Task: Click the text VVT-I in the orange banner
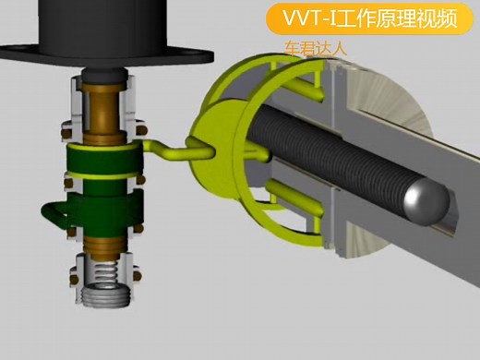pyautogui.click(x=314, y=19)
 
